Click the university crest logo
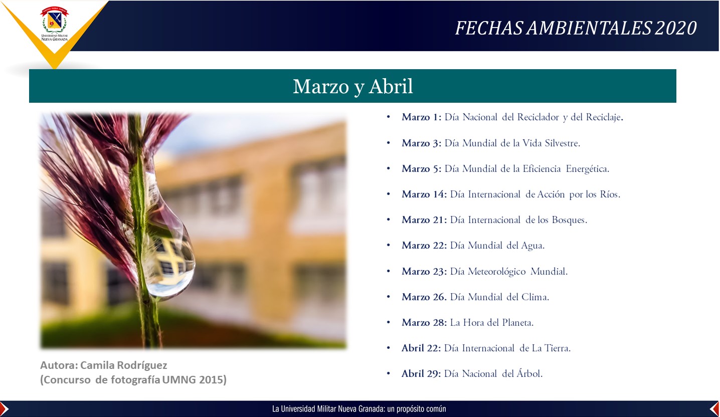point(54,24)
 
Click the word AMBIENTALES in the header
point(589,28)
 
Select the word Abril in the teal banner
point(391,86)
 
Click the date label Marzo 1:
point(421,117)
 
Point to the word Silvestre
point(562,143)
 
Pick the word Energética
point(587,169)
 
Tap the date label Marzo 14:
point(424,194)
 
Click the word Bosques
point(569,220)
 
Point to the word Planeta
point(518,323)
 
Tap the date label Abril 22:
point(421,348)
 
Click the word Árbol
point(529,373)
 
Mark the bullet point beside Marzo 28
point(388,322)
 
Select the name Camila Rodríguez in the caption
point(124,365)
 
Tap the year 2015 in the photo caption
point(213,380)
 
